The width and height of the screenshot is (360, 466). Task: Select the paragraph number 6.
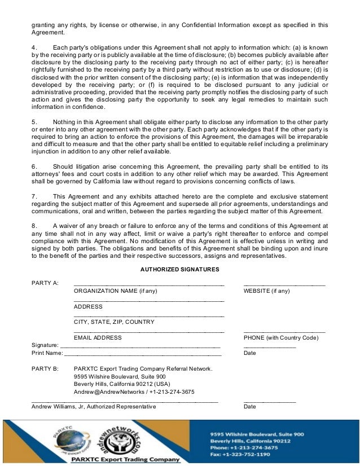point(34,166)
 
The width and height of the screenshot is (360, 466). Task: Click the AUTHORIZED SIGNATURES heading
point(179,270)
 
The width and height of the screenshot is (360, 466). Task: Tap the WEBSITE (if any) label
point(266,291)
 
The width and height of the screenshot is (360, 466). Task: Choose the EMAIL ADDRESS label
point(98,337)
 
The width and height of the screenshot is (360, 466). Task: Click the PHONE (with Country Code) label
point(280,337)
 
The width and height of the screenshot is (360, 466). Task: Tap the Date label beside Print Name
point(249,353)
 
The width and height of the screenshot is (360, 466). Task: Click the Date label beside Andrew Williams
point(249,406)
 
